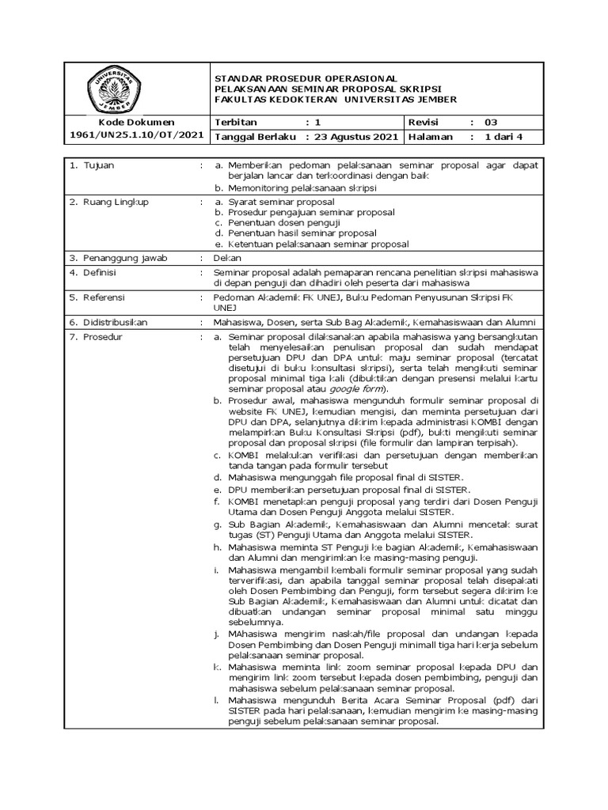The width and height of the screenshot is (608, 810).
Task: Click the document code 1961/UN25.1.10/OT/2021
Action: pos(135,136)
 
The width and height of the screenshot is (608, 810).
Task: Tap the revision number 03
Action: pos(492,122)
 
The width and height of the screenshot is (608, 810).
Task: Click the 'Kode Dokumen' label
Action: pos(136,122)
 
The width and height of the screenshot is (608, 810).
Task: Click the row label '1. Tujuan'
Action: pos(93,165)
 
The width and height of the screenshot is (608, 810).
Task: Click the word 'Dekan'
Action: pos(226,258)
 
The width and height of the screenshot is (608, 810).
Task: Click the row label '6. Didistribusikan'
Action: pos(114,322)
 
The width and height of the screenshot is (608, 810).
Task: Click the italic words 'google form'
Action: pos(360,389)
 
